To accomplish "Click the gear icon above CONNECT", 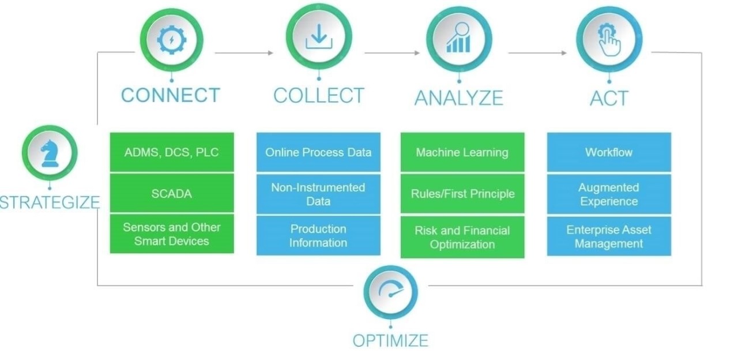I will pos(172,40).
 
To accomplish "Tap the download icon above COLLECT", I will pos(319,37).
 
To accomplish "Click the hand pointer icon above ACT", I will pos(609,39).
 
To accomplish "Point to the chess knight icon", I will pos(49,153).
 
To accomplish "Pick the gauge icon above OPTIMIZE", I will pos(390,292).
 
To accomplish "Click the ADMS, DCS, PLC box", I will pos(172,152).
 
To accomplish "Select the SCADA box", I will pos(172,194).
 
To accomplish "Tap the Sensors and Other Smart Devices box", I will pos(172,234).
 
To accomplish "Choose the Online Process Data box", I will pos(318,152).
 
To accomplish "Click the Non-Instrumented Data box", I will pos(318,194).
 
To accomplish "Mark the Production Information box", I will pos(318,235).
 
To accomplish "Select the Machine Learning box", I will pos(462,152).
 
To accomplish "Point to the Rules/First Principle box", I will pos(462,194).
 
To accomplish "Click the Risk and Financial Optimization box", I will pos(462,237).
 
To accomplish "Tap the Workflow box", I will pos(609,152).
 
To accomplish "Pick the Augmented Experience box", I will pos(609,194).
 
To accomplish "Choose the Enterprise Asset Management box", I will pos(609,236).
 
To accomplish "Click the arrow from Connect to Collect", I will pos(244,52).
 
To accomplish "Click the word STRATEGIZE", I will pos(50,202).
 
